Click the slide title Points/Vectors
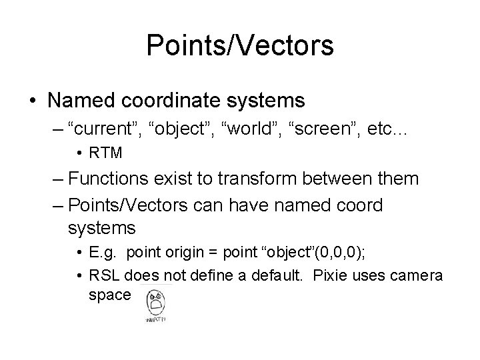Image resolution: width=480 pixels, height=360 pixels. [x=240, y=46]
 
